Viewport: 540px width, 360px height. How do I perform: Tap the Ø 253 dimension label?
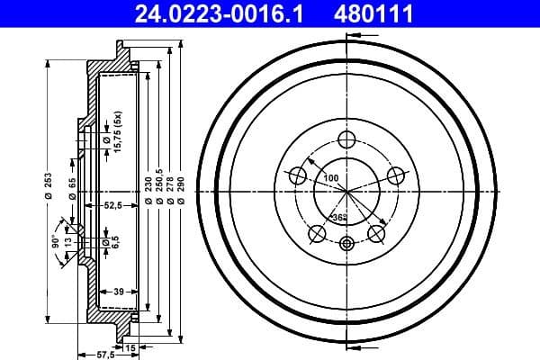(x=49, y=186)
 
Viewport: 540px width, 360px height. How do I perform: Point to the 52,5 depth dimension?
(x=112, y=206)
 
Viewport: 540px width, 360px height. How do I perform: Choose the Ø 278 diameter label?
(x=171, y=190)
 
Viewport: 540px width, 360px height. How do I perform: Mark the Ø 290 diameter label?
(x=182, y=190)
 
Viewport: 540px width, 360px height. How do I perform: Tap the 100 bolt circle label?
(x=331, y=178)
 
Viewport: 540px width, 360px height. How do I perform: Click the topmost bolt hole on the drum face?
(x=346, y=139)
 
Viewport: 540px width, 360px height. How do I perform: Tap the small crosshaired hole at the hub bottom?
(x=346, y=243)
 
